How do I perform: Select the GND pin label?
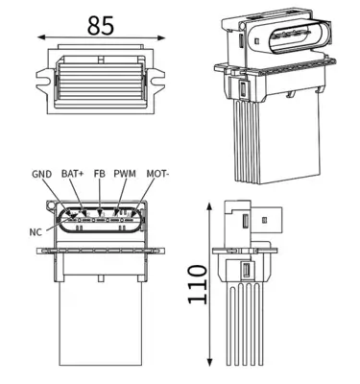coord(41,174)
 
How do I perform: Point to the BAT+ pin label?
coord(72,174)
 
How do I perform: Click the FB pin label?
coord(99,174)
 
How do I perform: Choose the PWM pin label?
coord(125,174)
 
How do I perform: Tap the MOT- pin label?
coord(156,174)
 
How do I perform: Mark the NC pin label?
coord(36,231)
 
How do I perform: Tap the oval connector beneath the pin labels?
coord(98,221)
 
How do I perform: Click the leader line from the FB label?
coord(100,197)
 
